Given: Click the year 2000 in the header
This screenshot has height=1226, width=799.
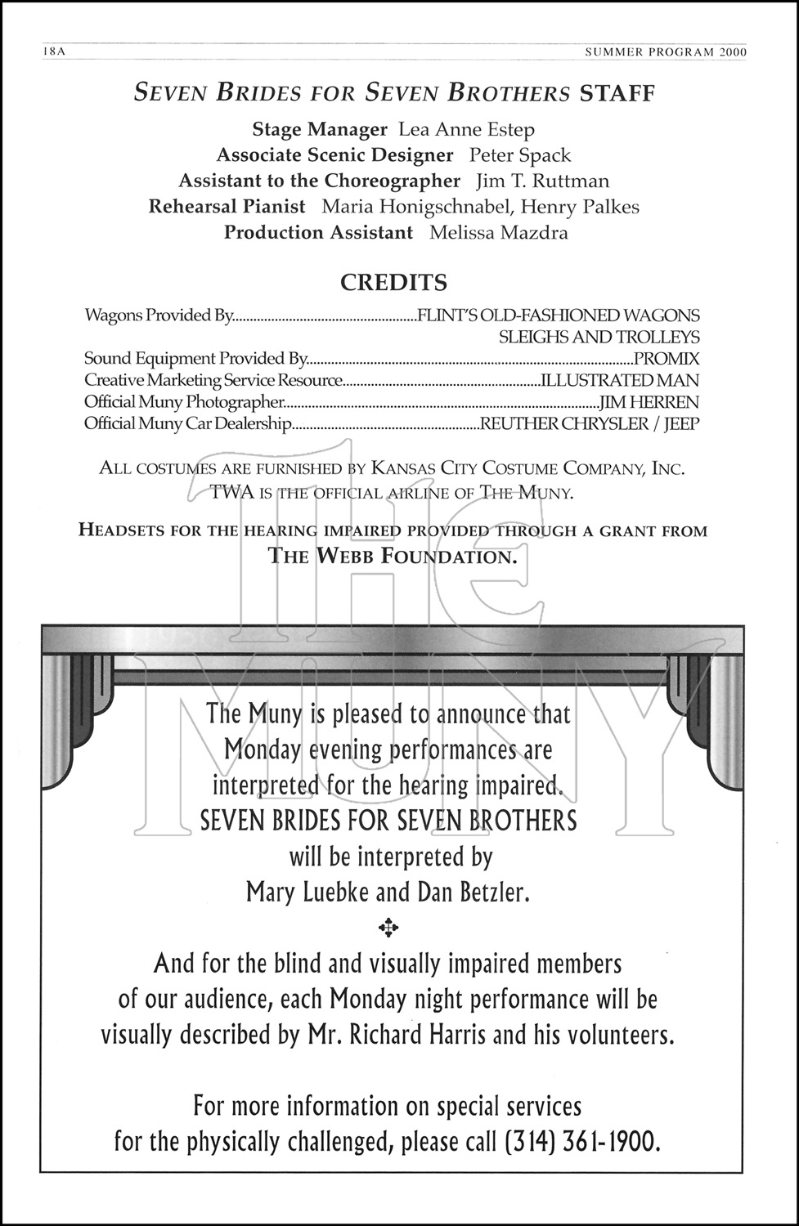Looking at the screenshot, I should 734,51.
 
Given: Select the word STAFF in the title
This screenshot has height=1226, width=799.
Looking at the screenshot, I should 617,93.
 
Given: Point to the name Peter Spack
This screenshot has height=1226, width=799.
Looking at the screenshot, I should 519,155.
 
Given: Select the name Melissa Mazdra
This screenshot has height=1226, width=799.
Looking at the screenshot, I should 498,233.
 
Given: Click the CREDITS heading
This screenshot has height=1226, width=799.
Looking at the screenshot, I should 393,283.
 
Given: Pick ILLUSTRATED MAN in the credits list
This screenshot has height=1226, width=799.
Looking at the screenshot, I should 619,380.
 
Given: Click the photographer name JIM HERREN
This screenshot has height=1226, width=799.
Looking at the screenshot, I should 649,402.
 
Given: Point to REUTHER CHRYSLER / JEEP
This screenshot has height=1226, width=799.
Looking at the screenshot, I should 590,424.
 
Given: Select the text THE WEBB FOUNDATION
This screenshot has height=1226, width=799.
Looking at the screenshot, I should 393,557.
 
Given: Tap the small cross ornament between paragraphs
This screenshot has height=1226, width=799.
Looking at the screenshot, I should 388,927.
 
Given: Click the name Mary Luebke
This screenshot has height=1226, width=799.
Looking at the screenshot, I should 307,892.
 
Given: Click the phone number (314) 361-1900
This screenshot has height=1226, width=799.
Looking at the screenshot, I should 582,1141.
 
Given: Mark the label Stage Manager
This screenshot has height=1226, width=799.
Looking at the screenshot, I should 319,130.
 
